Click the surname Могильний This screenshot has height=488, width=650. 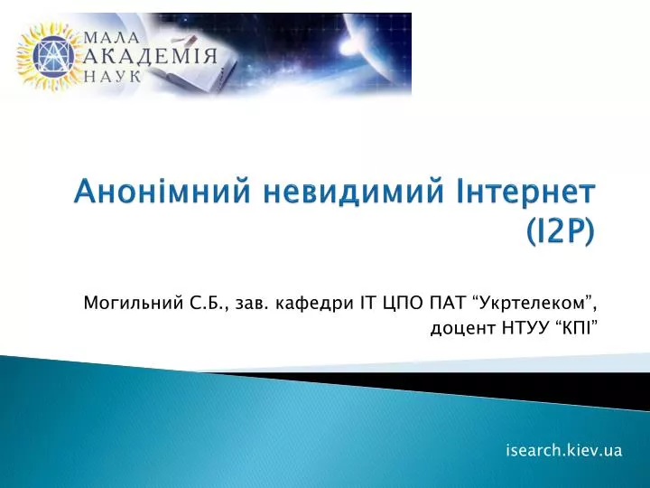coord(134,303)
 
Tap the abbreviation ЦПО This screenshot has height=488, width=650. coord(398,304)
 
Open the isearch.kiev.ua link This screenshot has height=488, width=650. coord(564,450)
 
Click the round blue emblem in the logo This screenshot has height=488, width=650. coord(53,56)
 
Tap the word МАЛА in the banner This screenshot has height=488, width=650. coord(111,38)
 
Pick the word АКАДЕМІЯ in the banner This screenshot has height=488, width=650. coord(150,56)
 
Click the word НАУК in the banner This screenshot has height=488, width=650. coord(112,76)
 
